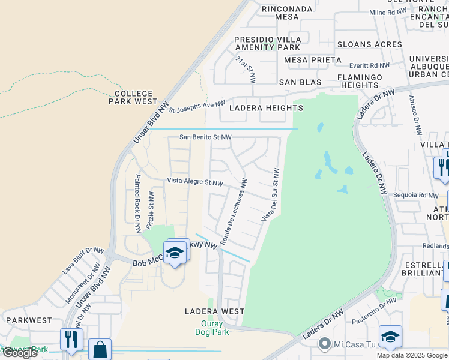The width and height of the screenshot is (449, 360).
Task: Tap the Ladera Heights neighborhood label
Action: click(x=267, y=108)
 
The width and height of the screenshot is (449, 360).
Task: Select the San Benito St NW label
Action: click(x=205, y=137)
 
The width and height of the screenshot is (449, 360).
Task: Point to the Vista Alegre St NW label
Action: click(x=195, y=182)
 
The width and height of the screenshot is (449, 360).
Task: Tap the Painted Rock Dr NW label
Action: click(x=137, y=203)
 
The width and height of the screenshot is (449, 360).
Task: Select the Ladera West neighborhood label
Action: click(x=214, y=311)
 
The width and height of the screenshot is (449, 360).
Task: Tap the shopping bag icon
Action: click(x=100, y=349)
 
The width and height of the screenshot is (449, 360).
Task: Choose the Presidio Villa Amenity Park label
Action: click(x=267, y=43)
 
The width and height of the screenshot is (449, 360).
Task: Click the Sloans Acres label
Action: click(x=369, y=44)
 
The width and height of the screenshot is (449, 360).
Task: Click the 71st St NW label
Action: click(x=246, y=70)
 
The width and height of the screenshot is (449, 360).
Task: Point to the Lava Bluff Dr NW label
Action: click(x=82, y=262)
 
